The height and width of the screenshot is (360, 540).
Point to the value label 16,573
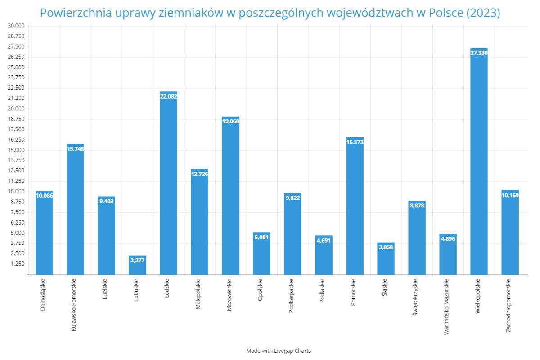355,142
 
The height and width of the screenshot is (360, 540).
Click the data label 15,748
75,149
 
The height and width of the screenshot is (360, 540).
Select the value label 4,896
448,239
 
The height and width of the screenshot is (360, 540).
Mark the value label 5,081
261,237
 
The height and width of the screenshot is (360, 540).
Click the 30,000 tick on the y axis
17,26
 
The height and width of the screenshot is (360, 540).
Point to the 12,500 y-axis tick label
17,171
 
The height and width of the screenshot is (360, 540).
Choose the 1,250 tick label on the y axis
18,264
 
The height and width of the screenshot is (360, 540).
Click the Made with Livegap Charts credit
279,351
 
